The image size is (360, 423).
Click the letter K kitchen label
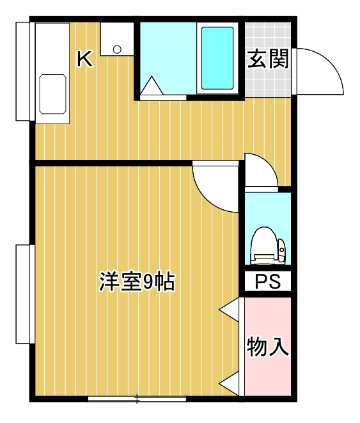coord(84,59)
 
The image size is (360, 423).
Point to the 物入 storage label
coord(269,346)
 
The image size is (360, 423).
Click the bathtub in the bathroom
coord(217,58)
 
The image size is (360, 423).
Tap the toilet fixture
coord(268,245)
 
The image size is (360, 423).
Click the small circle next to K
coord(116,49)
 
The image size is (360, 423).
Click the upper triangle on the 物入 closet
coord(229,308)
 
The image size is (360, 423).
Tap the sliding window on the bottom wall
coord(137,400)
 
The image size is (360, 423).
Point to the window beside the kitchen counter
coord(22,71)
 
